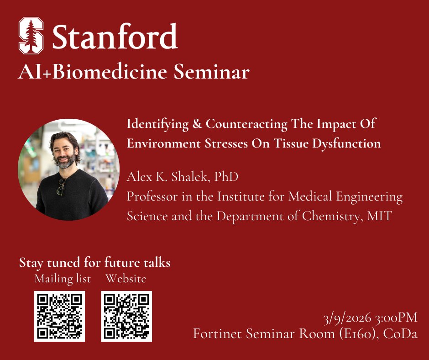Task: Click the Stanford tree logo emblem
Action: point(31,36)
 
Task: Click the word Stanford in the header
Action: point(115,37)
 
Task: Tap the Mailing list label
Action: point(63,278)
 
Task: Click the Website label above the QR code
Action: point(126,278)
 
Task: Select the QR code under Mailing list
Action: point(60,316)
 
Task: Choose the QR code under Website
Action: point(126,316)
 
